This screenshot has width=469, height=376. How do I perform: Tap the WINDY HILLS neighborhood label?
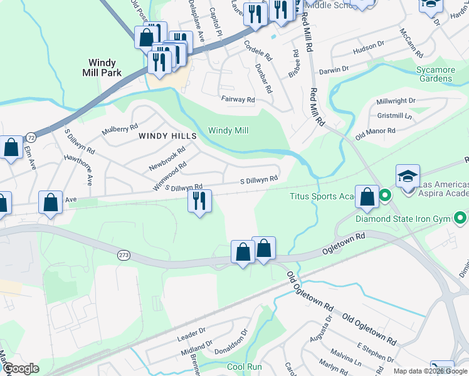(167, 135)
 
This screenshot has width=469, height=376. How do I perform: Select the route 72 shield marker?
(31, 137)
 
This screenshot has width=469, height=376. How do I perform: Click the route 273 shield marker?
(124, 255)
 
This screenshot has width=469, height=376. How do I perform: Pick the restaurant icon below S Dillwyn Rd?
(199, 202)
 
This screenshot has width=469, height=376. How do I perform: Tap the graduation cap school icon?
(408, 176)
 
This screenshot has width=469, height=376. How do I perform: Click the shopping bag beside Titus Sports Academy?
(367, 197)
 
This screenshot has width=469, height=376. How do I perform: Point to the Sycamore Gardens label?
(442, 74)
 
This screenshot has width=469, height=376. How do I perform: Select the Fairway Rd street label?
(238, 99)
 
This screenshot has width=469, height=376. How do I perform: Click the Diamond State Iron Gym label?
(403, 219)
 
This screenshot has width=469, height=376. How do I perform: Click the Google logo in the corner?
(21, 368)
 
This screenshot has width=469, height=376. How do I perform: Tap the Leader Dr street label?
(191, 336)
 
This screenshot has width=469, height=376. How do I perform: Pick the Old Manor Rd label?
(375, 132)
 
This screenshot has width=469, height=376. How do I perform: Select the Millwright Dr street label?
(396, 101)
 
